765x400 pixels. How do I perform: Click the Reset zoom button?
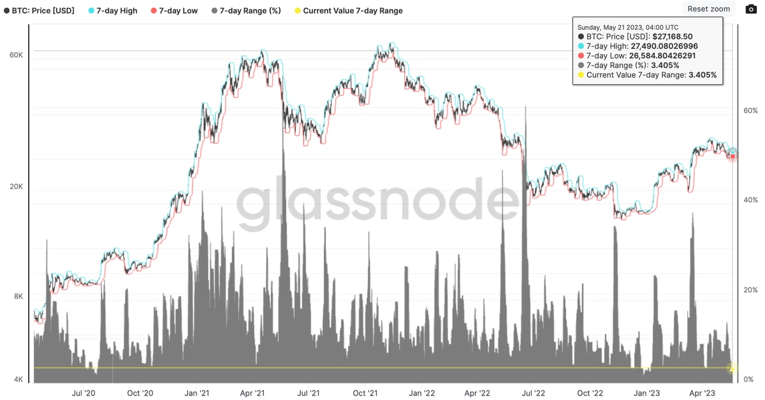(x=708, y=9)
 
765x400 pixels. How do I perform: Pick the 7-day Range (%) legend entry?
(x=245, y=11)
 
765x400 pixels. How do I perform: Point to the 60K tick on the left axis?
(x=16, y=55)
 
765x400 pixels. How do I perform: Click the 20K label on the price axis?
(x=16, y=187)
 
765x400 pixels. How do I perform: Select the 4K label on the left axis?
(x=17, y=380)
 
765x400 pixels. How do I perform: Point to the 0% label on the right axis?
(x=749, y=380)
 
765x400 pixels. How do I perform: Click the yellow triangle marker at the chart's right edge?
(x=732, y=368)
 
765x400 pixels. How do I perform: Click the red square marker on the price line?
(x=732, y=156)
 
